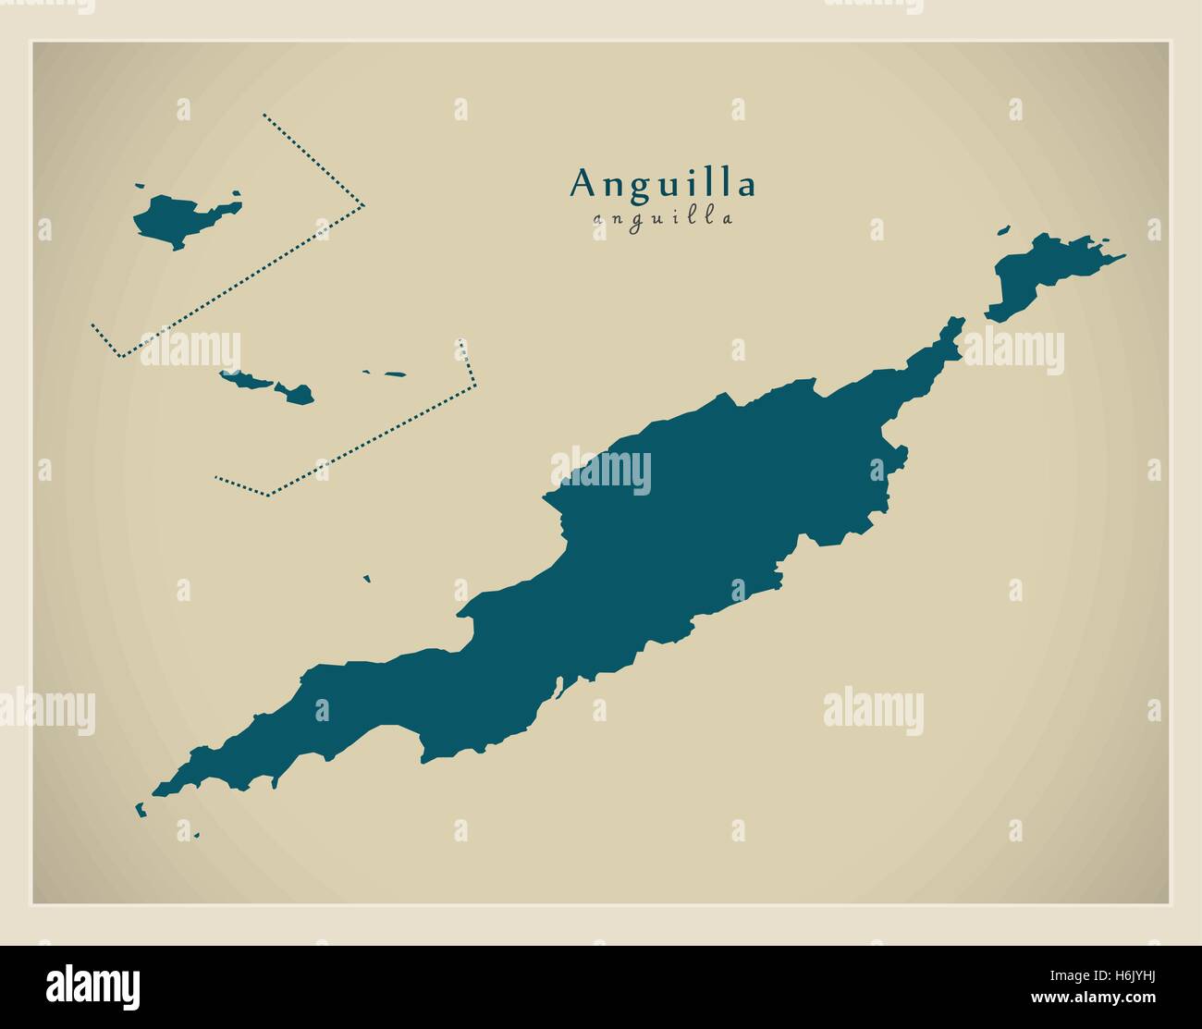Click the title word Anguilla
(x=663, y=183)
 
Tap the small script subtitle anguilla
(x=663, y=219)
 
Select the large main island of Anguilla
(x=666, y=536)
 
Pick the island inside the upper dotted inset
(x=180, y=221)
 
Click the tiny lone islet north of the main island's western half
(x=367, y=580)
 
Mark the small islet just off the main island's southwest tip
(x=141, y=810)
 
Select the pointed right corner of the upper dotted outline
(x=363, y=205)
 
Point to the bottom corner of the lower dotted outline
(x=269, y=494)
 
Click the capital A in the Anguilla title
(x=582, y=183)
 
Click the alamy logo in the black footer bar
(x=92, y=984)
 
